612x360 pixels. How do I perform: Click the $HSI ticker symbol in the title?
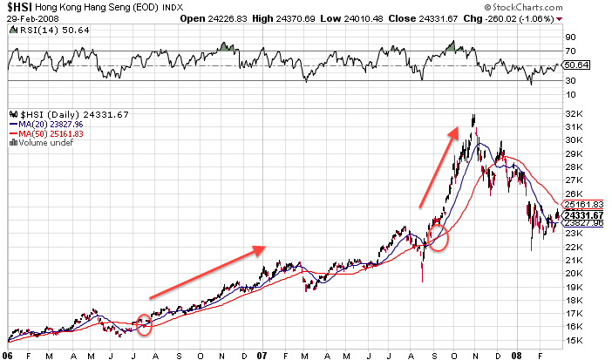17,6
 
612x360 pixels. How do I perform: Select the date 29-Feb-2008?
24,17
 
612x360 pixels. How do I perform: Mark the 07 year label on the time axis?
264,354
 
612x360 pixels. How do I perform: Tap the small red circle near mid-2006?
145,327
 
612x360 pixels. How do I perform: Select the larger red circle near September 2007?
439,237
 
